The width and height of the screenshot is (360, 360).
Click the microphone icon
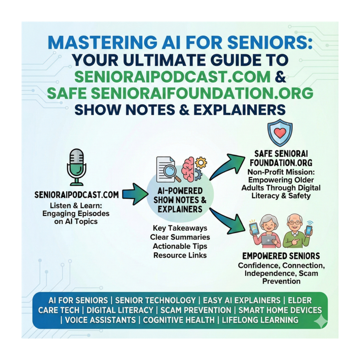(x=76, y=167)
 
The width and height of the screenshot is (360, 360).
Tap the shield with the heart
(x=280, y=132)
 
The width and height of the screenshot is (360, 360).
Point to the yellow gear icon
(x=201, y=162)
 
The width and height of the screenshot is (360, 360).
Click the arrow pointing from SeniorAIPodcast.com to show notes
(x=135, y=194)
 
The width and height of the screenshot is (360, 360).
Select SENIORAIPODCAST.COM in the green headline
(x=172, y=76)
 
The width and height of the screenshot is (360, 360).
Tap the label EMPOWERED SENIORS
(x=281, y=256)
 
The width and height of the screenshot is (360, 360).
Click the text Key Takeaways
(x=180, y=228)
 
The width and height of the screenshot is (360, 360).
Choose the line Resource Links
(x=180, y=255)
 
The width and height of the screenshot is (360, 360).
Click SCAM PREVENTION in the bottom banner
(x=196, y=310)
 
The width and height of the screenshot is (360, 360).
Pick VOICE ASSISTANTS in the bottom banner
(x=100, y=320)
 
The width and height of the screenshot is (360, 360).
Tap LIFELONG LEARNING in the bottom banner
(x=260, y=320)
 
